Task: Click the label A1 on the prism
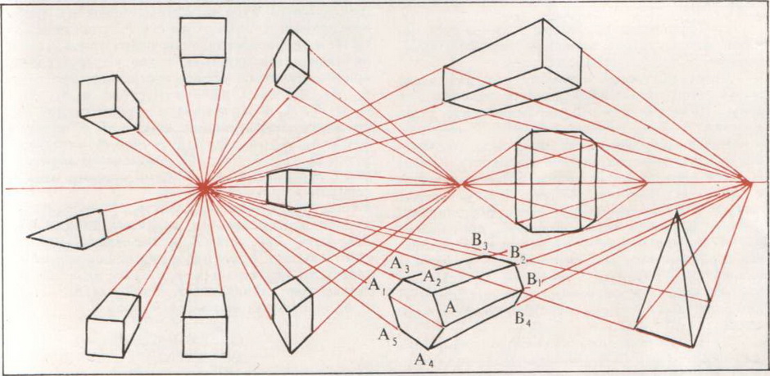point(375,285)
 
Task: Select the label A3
point(399,264)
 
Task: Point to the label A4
point(423,358)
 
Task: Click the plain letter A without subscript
point(450,307)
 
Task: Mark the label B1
point(534,281)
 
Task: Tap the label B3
point(479,241)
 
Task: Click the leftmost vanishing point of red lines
point(205,188)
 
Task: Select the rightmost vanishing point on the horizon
point(749,183)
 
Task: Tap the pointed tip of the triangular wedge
point(29,236)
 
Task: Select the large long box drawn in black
point(512,64)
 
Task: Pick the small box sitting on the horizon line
point(289,188)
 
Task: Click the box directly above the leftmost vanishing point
point(202,51)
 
